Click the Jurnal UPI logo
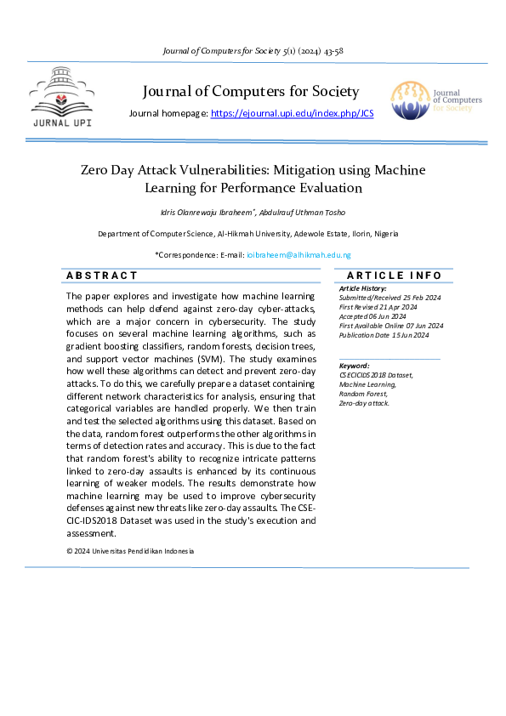61,96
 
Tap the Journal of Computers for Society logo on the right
435,101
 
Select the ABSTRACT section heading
102,276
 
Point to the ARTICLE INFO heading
395,276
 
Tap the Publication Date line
384,335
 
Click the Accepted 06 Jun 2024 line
372,316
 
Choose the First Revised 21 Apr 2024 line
378,307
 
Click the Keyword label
354,365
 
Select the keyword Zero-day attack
364,403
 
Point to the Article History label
363,288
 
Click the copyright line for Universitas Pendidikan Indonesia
130,551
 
